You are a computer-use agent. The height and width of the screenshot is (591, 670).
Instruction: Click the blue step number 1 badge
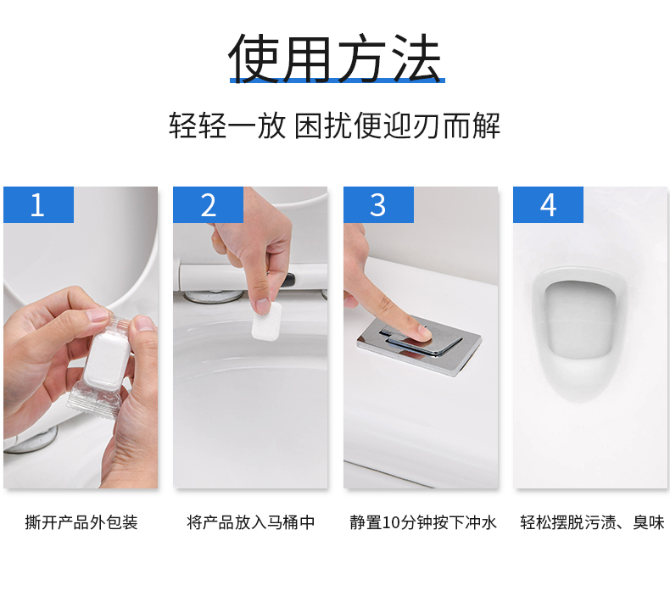[38, 204]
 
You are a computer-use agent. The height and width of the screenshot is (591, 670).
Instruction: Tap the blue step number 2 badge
[208, 204]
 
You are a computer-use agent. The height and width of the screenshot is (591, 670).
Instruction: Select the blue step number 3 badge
[378, 204]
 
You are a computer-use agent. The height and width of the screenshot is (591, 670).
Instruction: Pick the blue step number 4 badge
[548, 204]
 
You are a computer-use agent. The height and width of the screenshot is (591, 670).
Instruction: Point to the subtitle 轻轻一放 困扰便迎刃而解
[334, 125]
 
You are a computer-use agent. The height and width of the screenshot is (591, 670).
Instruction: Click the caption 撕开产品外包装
[81, 522]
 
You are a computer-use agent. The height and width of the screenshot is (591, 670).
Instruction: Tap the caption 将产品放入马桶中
[251, 522]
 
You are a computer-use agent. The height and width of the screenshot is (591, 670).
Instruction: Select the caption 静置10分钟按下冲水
[423, 522]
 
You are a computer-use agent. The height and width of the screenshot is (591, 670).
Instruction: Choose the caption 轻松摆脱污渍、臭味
[592, 522]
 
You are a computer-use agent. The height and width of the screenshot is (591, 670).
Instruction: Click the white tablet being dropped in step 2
[267, 321]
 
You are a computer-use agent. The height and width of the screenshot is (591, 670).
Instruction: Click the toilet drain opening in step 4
[579, 318]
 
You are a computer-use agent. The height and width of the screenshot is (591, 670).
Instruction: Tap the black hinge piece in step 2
[288, 280]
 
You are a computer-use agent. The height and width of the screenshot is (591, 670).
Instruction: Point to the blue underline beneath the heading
[338, 81]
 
